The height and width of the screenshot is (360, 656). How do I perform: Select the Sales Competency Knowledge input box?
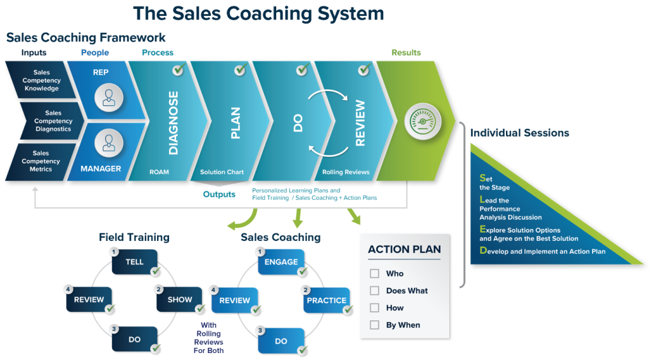click(41, 81)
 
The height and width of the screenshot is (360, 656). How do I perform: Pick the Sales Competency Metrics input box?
click(40, 161)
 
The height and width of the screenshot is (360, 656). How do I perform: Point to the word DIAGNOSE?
click(173, 123)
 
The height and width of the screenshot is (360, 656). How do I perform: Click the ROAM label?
click(159, 172)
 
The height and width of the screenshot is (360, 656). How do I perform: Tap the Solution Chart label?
click(222, 172)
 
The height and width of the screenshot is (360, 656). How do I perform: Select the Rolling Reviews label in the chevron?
click(345, 172)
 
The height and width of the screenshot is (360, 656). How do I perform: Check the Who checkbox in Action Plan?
click(375, 274)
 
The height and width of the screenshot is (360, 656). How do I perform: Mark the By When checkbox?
click(375, 325)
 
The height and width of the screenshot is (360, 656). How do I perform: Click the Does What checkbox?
click(375, 291)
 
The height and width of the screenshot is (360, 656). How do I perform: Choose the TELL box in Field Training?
click(135, 262)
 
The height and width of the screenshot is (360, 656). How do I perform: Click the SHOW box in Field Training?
click(179, 299)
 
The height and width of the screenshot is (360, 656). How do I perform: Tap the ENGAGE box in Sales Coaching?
click(281, 262)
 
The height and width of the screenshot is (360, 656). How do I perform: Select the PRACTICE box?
click(326, 300)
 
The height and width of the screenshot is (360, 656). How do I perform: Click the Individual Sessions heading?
click(520, 133)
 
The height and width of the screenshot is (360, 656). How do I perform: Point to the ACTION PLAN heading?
click(404, 250)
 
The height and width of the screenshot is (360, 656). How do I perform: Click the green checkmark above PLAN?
click(240, 69)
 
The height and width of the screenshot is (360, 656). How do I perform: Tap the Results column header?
click(406, 53)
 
